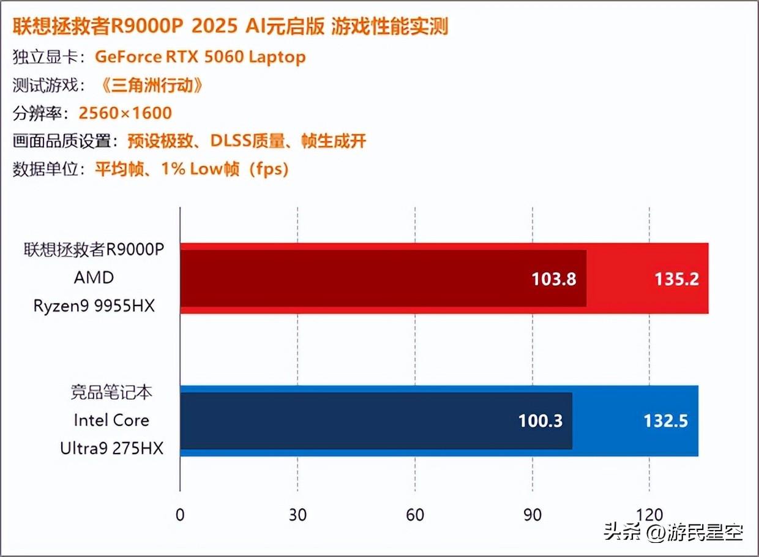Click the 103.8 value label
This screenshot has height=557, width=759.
click(x=555, y=279)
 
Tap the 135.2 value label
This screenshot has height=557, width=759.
click(x=676, y=279)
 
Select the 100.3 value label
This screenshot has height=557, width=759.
click(x=540, y=421)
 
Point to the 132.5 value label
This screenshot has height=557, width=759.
click(x=665, y=421)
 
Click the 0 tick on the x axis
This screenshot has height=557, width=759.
click(x=180, y=515)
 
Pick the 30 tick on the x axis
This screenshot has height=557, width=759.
click(x=297, y=515)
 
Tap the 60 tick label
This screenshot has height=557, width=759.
click(x=415, y=515)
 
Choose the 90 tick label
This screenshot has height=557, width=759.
click(x=533, y=515)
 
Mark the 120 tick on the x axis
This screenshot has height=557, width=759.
click(x=649, y=515)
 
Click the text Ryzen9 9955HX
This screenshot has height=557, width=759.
click(x=94, y=305)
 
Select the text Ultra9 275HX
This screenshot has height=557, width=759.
click(x=112, y=448)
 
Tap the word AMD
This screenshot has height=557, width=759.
click(x=94, y=277)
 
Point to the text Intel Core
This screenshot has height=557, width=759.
click(x=111, y=421)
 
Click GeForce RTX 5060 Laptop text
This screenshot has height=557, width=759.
click(x=200, y=58)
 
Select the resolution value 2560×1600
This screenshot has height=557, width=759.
click(x=125, y=113)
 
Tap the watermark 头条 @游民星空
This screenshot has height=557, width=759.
click(x=673, y=532)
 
